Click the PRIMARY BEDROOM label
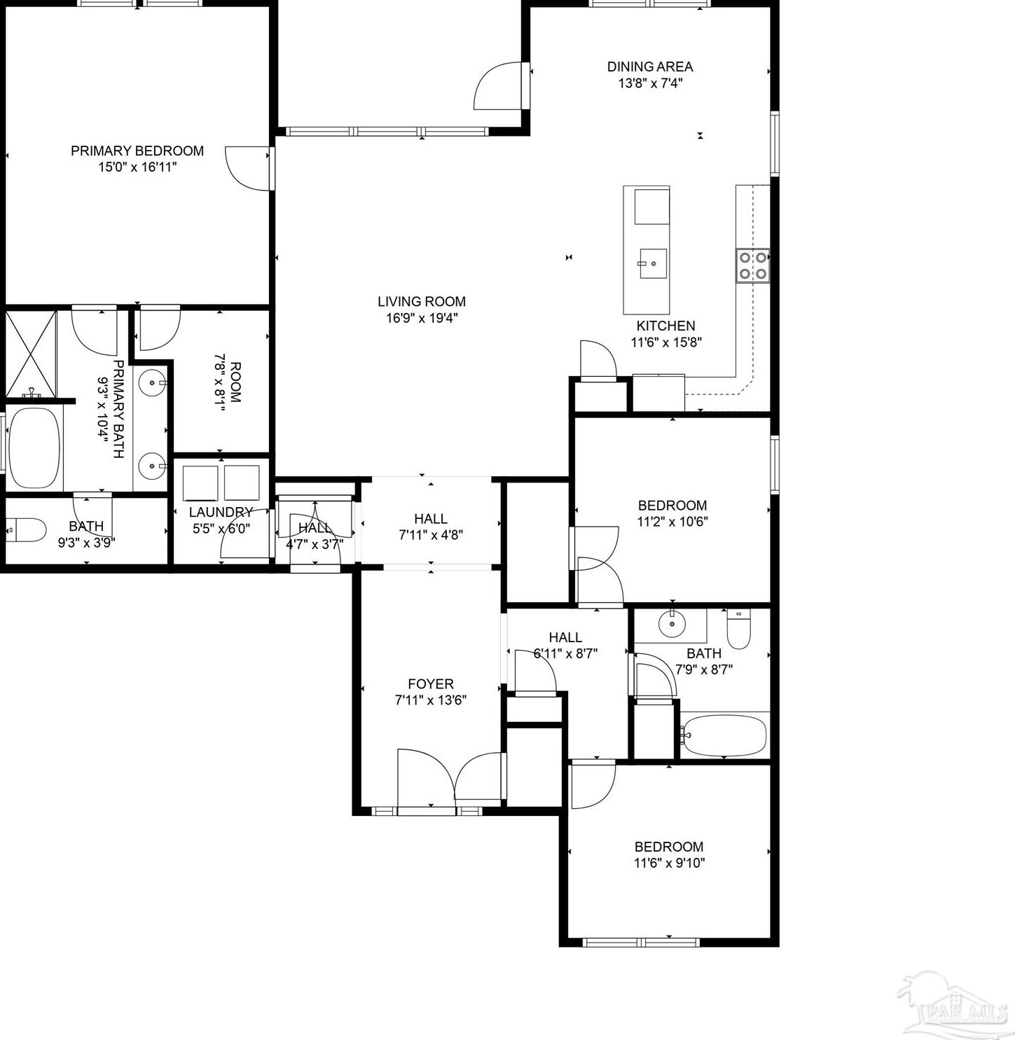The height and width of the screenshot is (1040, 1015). coord(137,151)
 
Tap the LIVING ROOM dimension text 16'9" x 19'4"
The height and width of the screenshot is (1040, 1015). coord(421,318)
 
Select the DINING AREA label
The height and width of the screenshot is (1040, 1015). coord(649,67)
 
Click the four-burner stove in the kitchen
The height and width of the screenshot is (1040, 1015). coord(752,265)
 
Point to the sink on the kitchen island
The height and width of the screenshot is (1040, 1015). coord(652,263)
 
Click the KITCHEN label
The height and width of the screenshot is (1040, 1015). coord(665,326)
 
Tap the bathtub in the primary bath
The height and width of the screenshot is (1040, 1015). coord(34,448)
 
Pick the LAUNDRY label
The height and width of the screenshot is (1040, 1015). coord(221,512)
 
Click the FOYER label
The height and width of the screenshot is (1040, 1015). coord(431,684)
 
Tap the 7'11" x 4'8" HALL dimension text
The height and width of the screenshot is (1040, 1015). coord(431,535)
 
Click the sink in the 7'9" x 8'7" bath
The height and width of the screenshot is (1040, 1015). coord(672,624)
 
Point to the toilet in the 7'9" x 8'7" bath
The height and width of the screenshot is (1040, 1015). coord(738,628)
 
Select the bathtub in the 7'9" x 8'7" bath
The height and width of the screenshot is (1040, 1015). coord(724,735)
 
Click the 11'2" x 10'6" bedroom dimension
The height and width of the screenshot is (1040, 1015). coord(672,522)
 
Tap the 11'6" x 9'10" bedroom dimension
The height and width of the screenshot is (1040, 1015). coord(669,863)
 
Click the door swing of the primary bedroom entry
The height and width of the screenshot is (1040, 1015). coord(247,168)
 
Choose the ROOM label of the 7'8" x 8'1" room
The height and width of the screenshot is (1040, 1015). coord(235,382)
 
